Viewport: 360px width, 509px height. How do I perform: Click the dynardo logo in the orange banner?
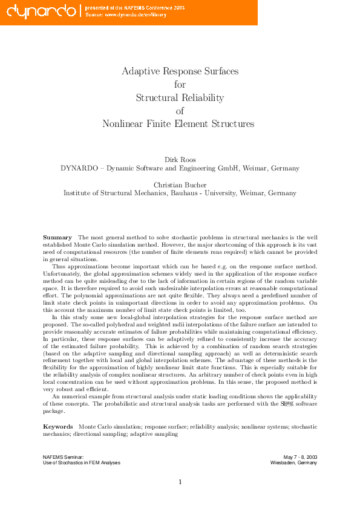click(x=38, y=10)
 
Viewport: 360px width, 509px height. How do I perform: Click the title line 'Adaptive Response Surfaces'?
click(x=180, y=71)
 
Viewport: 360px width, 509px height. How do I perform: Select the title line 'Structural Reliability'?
click(x=180, y=98)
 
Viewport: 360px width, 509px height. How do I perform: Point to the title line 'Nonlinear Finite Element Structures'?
click(x=178, y=125)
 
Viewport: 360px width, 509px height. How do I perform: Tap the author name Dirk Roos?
click(x=180, y=160)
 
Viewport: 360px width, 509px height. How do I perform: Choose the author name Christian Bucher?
click(x=180, y=184)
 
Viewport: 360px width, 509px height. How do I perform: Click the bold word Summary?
click(x=57, y=238)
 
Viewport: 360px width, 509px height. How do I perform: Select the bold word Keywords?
click(x=58, y=427)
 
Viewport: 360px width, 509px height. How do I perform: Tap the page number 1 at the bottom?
click(x=180, y=482)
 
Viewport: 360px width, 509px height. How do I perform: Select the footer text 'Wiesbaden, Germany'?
click(x=293, y=463)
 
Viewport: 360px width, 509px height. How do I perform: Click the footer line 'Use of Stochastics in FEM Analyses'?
click(x=82, y=463)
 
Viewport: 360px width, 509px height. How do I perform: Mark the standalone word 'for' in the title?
click(x=180, y=85)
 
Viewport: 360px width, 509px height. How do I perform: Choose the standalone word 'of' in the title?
click(x=180, y=111)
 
